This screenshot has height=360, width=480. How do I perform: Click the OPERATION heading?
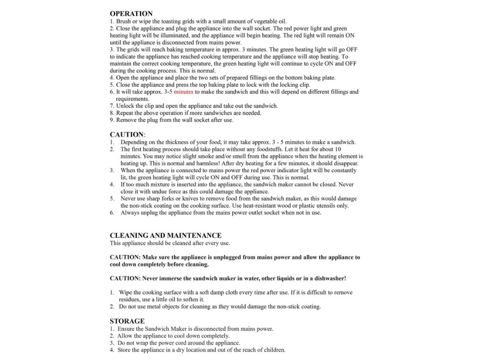(131, 14)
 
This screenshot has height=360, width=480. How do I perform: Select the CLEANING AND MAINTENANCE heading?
(166, 236)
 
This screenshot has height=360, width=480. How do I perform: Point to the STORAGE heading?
(127, 321)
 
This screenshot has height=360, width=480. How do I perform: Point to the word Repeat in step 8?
(125, 113)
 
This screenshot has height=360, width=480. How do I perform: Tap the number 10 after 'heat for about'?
(338, 149)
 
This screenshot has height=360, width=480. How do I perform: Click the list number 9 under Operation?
(112, 120)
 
